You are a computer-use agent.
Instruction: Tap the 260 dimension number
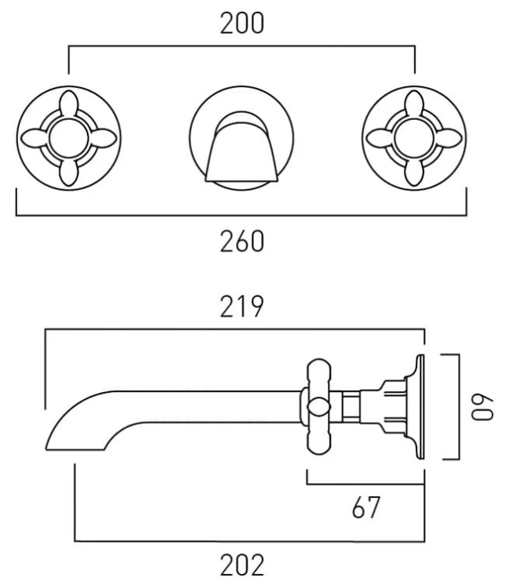[x=242, y=242]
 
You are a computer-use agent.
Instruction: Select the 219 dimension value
[x=242, y=308]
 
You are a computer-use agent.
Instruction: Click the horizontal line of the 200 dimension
[x=242, y=49]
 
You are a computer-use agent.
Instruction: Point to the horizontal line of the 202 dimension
[x=251, y=540]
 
